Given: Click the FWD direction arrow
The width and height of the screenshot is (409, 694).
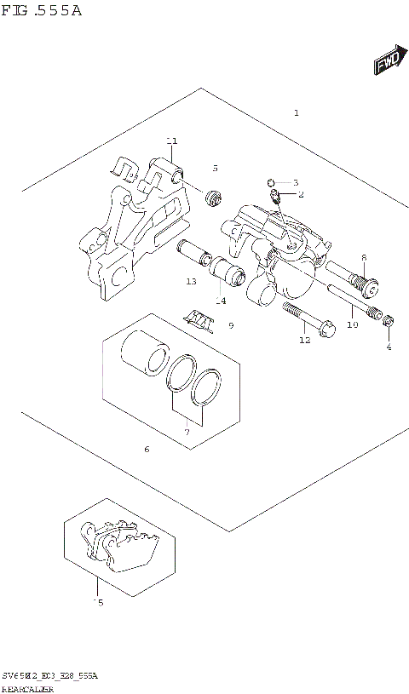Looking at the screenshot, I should click(388, 62).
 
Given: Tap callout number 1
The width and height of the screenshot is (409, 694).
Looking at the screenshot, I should click(296, 112).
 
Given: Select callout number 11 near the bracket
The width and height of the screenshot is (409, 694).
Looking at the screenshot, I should click(171, 141).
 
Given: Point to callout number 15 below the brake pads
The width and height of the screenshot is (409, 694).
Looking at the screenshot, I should click(98, 603).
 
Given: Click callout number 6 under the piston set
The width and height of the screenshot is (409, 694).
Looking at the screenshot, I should click(147, 449).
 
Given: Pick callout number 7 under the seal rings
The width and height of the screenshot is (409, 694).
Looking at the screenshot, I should click(187, 433).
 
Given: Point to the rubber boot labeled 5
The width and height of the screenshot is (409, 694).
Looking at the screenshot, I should click(213, 198).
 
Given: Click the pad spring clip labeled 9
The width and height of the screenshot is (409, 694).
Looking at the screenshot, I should click(201, 318).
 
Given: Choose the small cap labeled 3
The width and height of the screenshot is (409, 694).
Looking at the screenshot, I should click(270, 181).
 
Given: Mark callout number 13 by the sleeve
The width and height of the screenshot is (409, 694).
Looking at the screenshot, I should click(192, 282).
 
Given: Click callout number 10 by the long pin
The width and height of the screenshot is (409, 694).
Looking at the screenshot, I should click(352, 324).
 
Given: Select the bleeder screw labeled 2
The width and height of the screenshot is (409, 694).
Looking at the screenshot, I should click(276, 197).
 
